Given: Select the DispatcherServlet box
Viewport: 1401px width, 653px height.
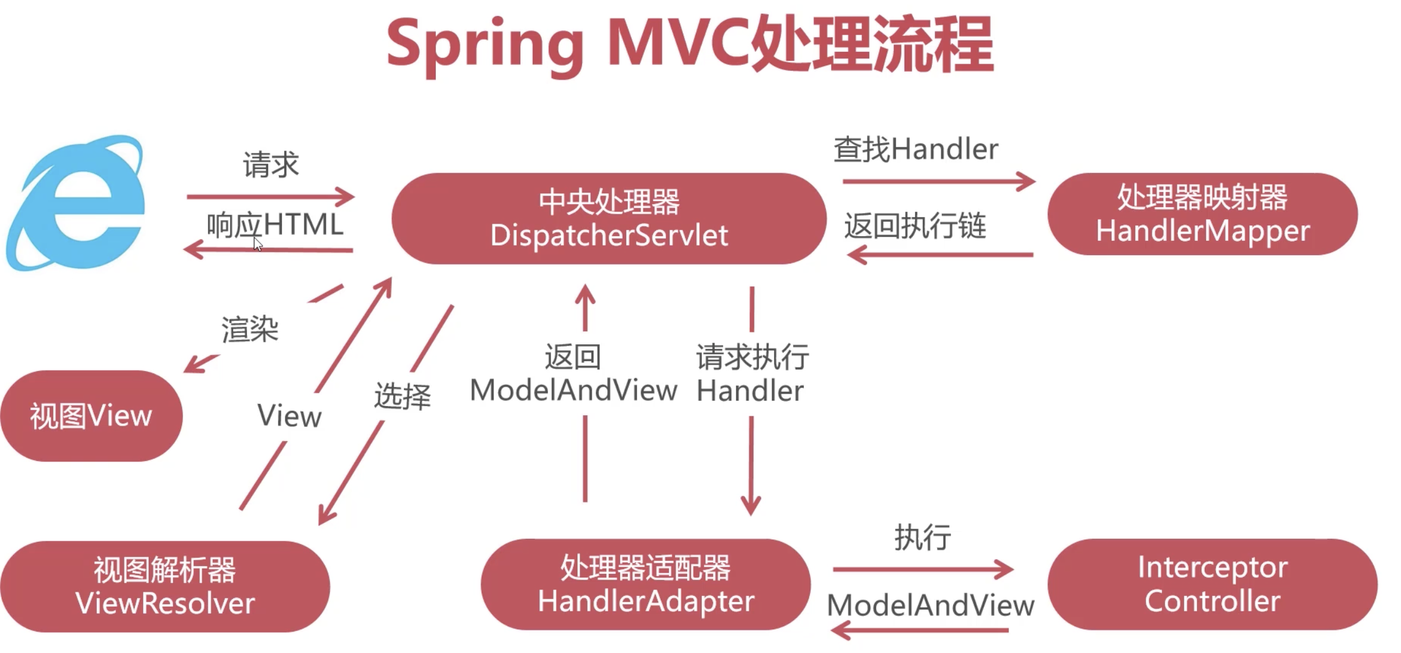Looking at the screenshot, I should (608, 218).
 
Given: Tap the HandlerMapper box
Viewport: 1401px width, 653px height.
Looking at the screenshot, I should (1202, 214).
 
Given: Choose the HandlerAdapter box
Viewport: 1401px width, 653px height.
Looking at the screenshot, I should (645, 584).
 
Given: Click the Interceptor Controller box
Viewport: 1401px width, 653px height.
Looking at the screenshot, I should (1212, 584).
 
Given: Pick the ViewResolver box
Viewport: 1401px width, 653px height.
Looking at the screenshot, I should (165, 586).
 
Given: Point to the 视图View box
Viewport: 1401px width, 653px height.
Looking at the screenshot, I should (91, 416).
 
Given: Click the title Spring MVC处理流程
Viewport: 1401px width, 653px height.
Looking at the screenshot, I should (690, 45).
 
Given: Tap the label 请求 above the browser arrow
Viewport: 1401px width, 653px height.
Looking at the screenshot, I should (271, 165).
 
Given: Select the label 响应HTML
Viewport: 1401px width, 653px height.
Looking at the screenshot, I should (275, 225).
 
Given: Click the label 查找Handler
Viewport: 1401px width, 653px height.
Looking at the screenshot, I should (916, 149).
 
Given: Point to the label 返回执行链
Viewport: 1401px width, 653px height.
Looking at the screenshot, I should (915, 226).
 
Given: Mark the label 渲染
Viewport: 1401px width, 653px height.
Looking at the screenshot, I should (250, 329).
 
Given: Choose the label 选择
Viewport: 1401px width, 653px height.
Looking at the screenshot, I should (402, 396).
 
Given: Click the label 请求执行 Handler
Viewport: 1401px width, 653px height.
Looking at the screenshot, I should (752, 373).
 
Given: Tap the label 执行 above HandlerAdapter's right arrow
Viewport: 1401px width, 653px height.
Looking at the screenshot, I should (922, 538).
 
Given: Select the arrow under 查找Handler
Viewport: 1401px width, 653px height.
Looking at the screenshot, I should (938, 181).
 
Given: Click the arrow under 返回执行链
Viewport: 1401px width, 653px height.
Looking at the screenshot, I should (940, 255).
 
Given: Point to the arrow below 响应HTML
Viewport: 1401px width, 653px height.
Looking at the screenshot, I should (268, 250).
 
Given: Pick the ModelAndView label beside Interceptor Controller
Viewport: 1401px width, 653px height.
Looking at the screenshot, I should (930, 605).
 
